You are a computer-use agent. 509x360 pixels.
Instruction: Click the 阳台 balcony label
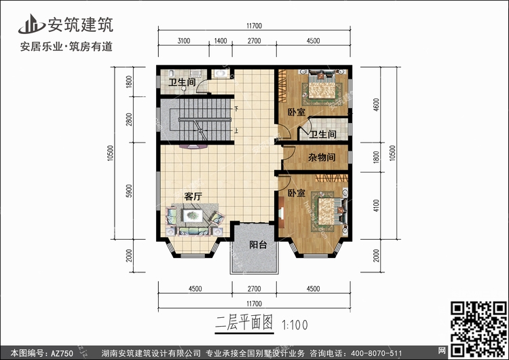258,245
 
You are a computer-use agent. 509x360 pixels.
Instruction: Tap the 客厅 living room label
193,196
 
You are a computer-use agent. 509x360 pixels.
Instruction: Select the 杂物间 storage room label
322,158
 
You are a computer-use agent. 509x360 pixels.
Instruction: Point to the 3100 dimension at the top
184,41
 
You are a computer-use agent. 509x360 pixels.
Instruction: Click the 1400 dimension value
221,41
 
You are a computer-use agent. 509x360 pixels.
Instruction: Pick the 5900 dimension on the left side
129,191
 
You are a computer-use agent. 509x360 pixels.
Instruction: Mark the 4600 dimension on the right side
376,105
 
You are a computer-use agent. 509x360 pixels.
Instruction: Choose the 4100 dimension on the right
376,206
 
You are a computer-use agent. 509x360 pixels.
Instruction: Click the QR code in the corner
478,329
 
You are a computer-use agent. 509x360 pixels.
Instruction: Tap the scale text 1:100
295,325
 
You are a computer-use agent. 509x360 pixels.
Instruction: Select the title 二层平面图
244,323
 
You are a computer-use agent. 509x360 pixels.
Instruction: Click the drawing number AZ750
62,353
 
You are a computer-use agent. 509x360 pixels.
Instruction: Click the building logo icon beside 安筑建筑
32,24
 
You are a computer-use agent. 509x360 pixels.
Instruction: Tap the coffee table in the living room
193,215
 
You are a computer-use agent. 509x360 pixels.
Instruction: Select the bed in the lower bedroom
326,211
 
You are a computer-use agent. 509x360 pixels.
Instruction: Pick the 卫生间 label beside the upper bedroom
322,134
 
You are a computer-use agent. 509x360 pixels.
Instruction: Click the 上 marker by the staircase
237,130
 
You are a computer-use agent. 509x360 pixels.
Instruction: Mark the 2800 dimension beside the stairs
129,120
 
